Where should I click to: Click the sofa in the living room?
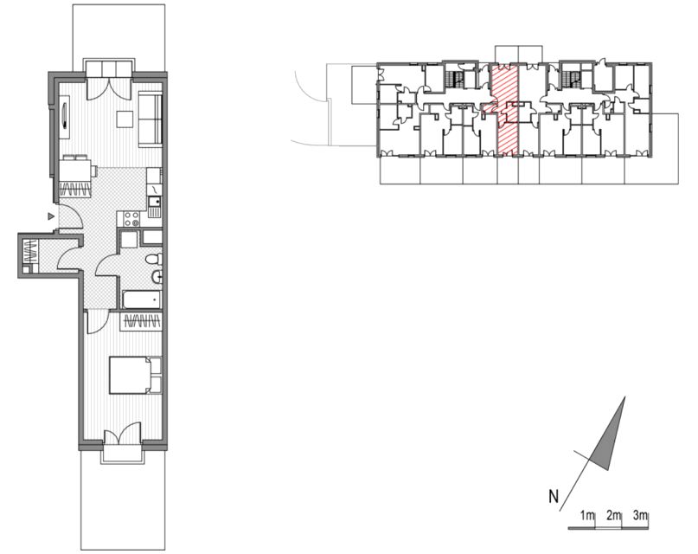pyautogui.click(x=150, y=119)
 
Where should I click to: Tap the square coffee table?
pyautogui.click(x=125, y=119)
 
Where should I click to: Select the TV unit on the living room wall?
pyautogui.click(x=65, y=118)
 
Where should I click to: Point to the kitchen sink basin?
pyautogui.click(x=155, y=203)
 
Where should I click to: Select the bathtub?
pyautogui.click(x=142, y=300)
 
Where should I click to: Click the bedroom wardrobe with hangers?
pyautogui.click(x=141, y=321)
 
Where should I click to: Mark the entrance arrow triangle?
pyautogui.click(x=52, y=216)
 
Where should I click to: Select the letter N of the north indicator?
pyautogui.click(x=553, y=497)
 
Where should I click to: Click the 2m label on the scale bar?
pyautogui.click(x=613, y=516)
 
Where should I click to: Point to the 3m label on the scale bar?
pyautogui.click(x=639, y=516)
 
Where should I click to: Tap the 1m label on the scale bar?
pyautogui.click(x=587, y=516)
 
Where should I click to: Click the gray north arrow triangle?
pyautogui.click(x=611, y=438)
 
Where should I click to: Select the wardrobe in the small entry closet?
pyautogui.click(x=30, y=253)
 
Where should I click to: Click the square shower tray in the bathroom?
pyautogui.click(x=130, y=239)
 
